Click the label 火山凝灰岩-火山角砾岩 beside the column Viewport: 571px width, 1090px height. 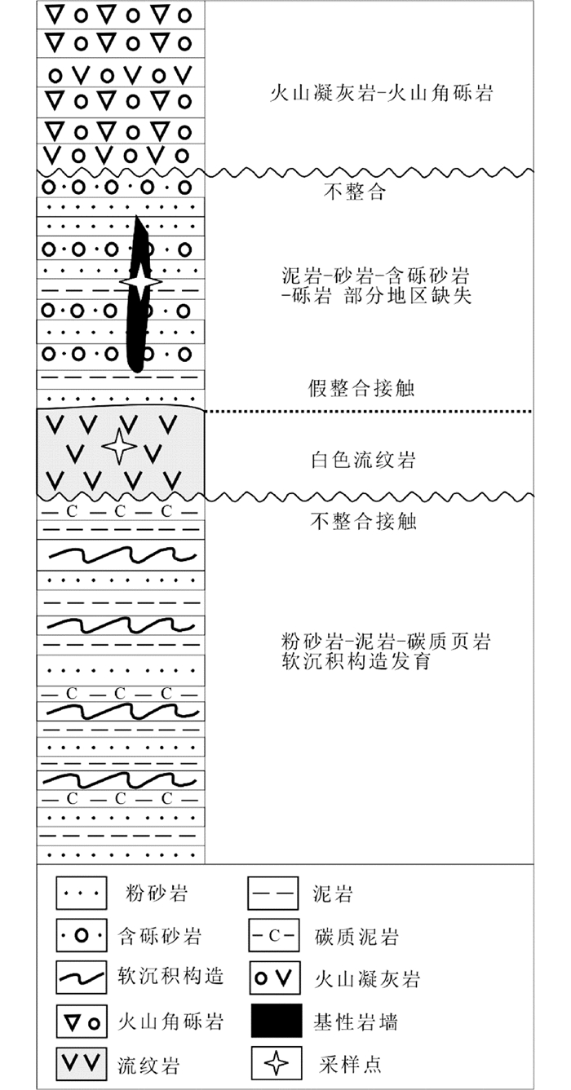382,93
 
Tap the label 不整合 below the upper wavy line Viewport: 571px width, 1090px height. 354,192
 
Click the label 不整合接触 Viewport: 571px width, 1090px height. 364,521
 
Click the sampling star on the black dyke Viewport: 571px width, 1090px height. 140,280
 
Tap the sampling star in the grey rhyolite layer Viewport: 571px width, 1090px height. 119,447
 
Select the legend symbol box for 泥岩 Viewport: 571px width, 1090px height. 272,893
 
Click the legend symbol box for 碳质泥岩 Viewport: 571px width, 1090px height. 272,935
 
